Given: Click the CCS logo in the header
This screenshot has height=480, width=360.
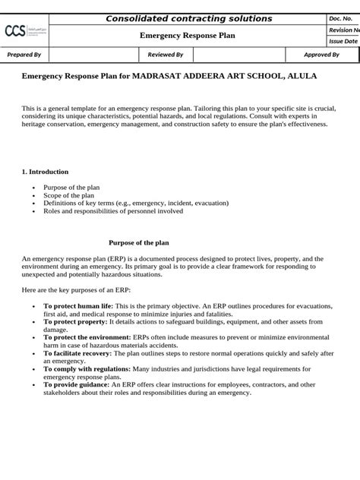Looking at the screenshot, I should pos(25,30).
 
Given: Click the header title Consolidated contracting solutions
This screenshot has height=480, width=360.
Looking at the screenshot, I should pos(188,18).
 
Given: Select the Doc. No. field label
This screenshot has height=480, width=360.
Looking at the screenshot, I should pos(341,18).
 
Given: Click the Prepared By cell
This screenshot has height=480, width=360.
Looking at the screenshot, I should pos(24,55).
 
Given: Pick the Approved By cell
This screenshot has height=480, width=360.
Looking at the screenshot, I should pos(321,55).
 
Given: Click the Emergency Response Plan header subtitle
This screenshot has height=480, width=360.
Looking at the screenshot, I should pos(188,36).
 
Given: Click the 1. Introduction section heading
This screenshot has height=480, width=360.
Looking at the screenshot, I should pos(45,172).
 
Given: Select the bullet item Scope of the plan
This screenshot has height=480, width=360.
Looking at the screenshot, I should pos(69,195).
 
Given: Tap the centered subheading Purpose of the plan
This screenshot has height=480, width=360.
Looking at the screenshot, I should pos(138,243).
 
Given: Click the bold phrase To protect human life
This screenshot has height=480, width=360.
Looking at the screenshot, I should pos(78,305).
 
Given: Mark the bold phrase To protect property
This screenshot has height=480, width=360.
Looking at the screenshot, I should pos(75,321).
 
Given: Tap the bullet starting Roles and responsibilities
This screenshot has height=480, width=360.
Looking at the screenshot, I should pos(113,211).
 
